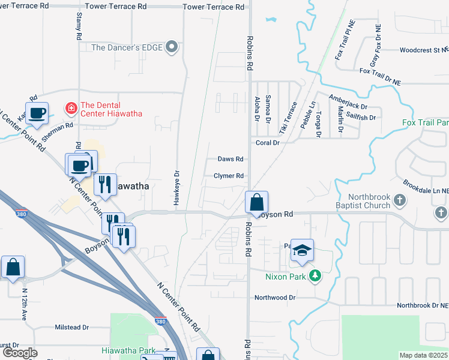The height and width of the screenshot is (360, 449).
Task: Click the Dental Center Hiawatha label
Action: click(x=111, y=109)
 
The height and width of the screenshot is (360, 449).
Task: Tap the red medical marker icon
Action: click(x=71, y=108)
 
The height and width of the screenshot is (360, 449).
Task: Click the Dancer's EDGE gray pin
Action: click(x=172, y=47)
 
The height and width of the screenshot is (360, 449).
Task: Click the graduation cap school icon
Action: click(x=302, y=251)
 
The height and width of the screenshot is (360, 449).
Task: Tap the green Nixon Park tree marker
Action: click(x=315, y=277)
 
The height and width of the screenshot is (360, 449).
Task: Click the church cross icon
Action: click(x=441, y=213)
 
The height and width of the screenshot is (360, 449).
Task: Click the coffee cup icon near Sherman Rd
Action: click(x=37, y=112)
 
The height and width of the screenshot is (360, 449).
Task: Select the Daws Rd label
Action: click(x=231, y=159)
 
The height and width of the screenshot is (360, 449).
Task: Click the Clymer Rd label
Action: click(x=229, y=176)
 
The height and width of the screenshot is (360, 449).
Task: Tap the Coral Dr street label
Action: click(x=268, y=143)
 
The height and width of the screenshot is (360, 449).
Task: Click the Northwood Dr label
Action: click(x=275, y=298)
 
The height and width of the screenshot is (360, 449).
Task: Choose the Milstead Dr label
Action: click(x=72, y=328)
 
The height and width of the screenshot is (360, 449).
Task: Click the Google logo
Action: click(x=19, y=353)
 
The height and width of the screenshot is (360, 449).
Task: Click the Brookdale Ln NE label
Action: click(x=426, y=190)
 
